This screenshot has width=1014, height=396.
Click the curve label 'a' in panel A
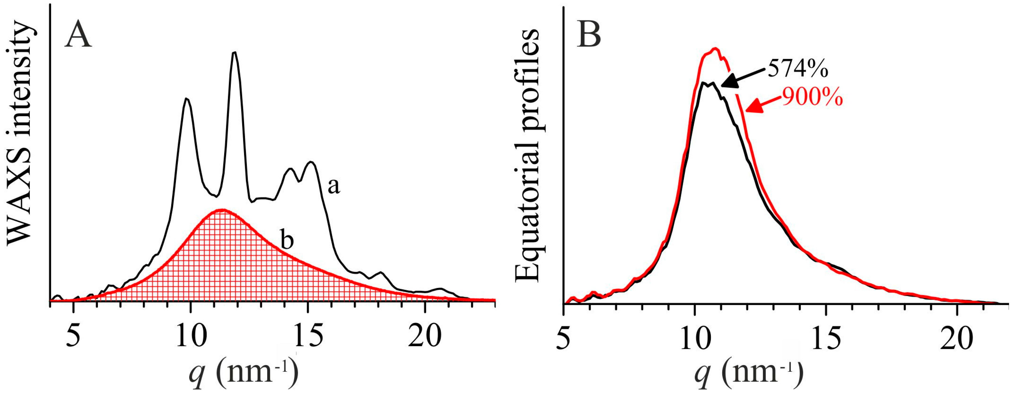pos(334,186)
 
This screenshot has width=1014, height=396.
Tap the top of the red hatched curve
pos(223,210)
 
